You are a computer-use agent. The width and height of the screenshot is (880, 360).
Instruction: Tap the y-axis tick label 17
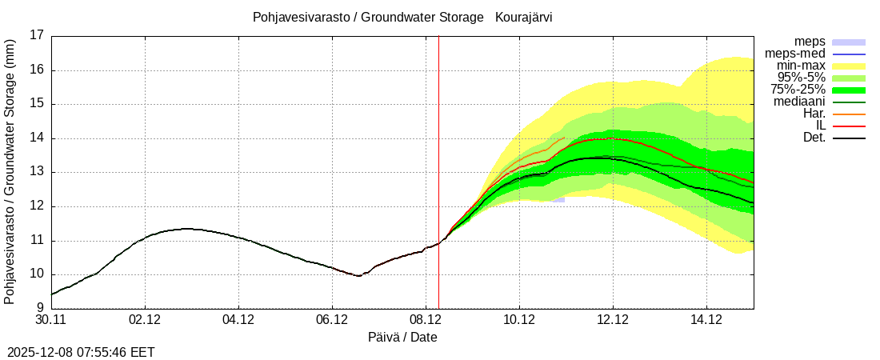(37, 35)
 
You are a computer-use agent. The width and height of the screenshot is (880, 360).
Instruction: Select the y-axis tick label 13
(37, 172)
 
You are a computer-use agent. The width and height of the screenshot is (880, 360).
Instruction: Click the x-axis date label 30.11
(51, 320)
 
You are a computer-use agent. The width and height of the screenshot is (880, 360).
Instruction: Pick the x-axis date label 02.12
(145, 320)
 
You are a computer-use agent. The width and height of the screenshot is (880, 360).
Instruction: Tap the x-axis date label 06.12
(332, 320)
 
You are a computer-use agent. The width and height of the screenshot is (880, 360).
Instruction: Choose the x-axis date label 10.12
(519, 320)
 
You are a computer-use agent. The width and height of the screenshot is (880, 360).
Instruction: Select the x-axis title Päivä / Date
(402, 338)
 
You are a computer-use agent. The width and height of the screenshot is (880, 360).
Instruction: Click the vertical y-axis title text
(10, 171)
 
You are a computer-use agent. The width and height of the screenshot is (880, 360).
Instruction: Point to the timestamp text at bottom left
(81, 352)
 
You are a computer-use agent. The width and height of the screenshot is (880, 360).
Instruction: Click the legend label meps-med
(794, 54)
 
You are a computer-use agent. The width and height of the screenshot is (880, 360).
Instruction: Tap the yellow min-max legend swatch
(849, 66)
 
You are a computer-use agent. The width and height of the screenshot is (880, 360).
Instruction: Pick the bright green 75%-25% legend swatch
(849, 90)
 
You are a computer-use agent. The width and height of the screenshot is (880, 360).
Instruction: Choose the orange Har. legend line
(849, 114)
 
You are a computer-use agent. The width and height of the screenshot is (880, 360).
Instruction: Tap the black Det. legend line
(849, 138)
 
